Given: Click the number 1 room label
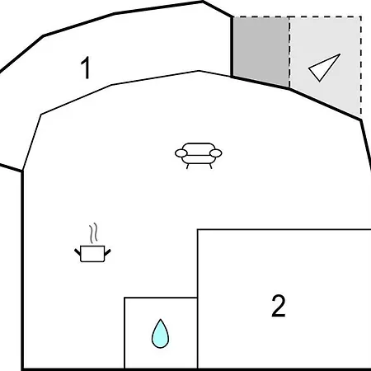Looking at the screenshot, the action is tap(86, 68).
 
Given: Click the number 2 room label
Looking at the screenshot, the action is tap(279, 306).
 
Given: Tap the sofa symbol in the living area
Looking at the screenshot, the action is tap(199, 156).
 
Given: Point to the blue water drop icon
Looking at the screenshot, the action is tap(160, 334).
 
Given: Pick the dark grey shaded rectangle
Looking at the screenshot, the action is tap(261, 51).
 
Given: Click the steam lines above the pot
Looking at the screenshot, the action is tap(93, 233).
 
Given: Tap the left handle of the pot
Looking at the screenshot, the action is tap(77, 252).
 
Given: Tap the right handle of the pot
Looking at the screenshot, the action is tap(107, 252).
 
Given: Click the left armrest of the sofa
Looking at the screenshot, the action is tap(181, 153).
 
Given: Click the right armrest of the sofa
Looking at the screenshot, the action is tap(216, 153).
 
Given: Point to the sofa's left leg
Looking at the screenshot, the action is tap(188, 166).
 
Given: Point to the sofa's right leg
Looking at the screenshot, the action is tap(211, 166).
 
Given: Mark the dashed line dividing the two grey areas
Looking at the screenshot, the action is tap(289, 52).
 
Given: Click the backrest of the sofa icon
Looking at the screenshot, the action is tap(199, 147).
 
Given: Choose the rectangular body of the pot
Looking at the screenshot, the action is tap(92, 254).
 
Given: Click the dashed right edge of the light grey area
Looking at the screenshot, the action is tap(361, 66).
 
